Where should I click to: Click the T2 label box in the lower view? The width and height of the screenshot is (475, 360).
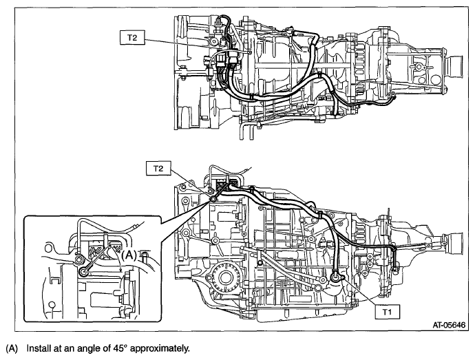point(158,167)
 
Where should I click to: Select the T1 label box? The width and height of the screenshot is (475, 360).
point(388,312)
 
